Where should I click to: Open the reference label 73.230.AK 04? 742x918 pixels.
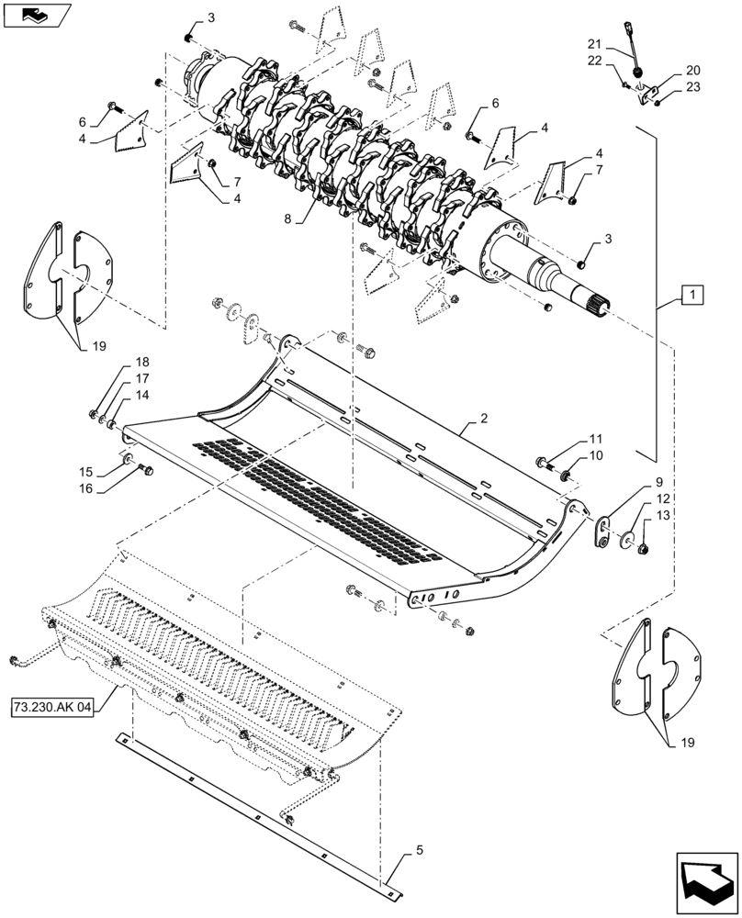[53, 709]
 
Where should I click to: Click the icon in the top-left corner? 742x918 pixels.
[37, 16]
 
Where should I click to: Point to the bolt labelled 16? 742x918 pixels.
[145, 470]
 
